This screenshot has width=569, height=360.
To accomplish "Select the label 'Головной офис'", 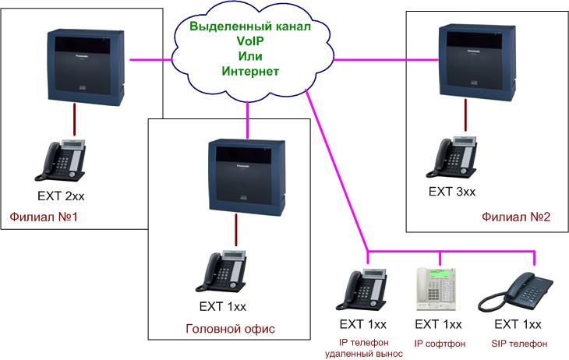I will [x=230, y=329].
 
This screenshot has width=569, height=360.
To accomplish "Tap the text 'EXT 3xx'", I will [x=452, y=190].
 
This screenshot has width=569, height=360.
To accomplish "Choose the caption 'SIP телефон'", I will [x=519, y=343].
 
